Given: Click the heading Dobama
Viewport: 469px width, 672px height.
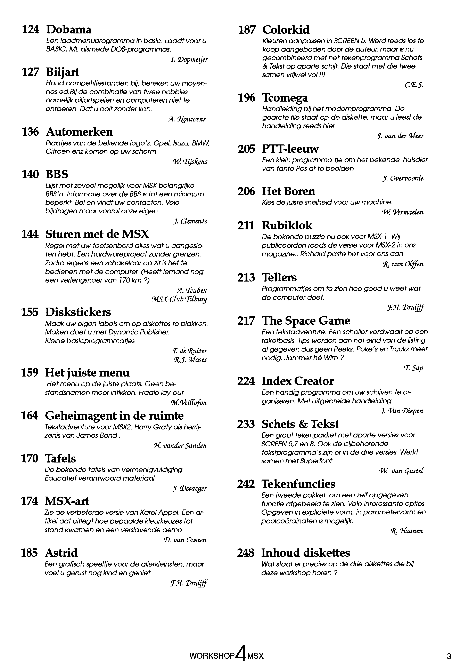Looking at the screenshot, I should (69, 30).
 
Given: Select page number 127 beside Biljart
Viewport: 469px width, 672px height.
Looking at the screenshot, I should (30, 72).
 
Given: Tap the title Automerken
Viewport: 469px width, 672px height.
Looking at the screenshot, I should (79, 132).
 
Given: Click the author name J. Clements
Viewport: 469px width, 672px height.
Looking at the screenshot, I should (190, 221).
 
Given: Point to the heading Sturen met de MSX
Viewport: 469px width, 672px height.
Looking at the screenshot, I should (97, 234).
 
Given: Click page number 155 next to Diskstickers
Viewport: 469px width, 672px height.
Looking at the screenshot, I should (30, 312).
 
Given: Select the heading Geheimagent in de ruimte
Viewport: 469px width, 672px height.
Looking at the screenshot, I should (114, 416).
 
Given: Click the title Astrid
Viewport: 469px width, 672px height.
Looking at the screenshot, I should (61, 553).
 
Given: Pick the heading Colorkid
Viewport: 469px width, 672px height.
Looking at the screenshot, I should (286, 30).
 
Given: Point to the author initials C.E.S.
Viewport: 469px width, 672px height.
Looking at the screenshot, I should (414, 85).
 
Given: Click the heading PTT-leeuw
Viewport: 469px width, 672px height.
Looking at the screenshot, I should (290, 149).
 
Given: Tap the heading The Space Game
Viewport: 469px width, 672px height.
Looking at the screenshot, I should (306, 321).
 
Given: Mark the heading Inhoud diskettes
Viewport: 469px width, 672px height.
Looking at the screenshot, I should (306, 553).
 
